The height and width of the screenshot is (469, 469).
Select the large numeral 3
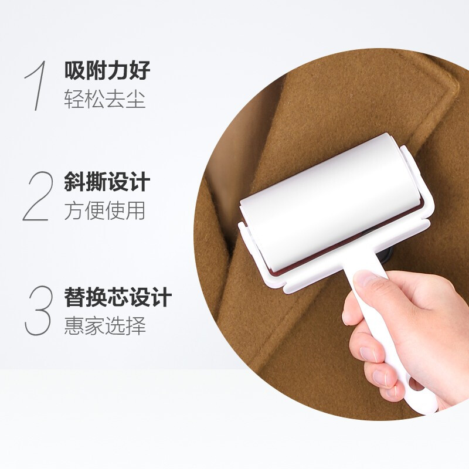click(38, 310)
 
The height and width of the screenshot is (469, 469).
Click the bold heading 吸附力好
click(107, 70)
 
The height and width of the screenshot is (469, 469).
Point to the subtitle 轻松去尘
click(105, 98)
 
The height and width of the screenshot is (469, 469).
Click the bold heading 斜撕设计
click(107, 182)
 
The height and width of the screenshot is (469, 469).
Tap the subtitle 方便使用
click(105, 210)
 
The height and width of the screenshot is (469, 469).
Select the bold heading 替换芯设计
click(118, 297)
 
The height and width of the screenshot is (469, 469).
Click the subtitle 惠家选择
click(105, 325)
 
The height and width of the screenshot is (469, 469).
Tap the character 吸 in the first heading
click(74, 70)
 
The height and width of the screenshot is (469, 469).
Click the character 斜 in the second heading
click(74, 182)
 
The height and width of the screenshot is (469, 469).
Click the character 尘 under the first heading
click(136, 98)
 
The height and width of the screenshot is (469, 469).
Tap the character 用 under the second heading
click(136, 210)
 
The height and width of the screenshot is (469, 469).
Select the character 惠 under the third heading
click(74, 325)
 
